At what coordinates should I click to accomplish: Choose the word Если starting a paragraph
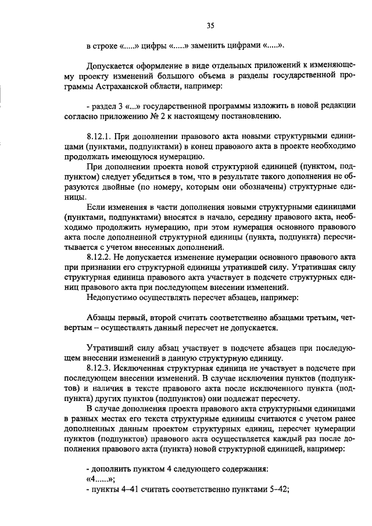(x=95, y=206)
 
